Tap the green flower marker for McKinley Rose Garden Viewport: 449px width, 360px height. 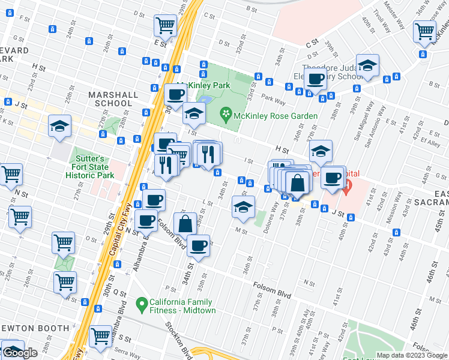point(226,113)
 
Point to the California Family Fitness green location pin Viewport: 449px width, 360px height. point(142,305)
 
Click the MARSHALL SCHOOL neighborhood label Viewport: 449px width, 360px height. point(110,99)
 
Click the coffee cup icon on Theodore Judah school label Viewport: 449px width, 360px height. point(315,78)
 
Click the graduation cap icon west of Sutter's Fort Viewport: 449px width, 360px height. point(59,126)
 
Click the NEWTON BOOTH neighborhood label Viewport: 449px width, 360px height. point(37,328)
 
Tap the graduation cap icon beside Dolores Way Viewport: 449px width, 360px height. point(243,207)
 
